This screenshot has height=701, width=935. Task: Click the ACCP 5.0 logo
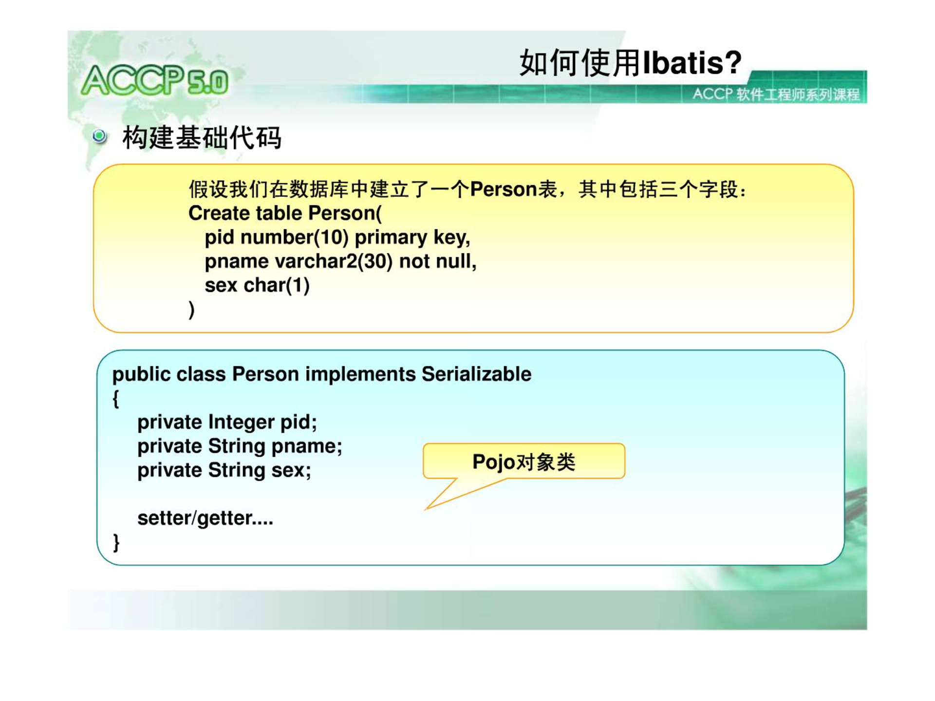tap(155, 80)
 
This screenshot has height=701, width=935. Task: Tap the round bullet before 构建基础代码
tap(99, 136)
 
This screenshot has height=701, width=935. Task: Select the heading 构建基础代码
tap(202, 137)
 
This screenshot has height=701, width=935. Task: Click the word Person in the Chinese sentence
tap(503, 189)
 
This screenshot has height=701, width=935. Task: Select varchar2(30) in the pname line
tap(334, 261)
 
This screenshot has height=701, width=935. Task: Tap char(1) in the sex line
tap(277, 285)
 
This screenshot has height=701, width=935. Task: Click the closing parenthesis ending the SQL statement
tap(191, 310)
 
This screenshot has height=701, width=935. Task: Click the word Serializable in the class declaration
tap(476, 374)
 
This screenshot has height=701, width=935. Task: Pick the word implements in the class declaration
tap(360, 374)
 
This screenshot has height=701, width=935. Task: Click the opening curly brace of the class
tap(116, 399)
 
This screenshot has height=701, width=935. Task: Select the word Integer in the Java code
tap(241, 422)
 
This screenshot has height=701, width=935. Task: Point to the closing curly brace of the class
tap(116, 542)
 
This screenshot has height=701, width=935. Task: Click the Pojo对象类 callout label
tap(524, 461)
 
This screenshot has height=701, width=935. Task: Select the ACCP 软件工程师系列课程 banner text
tap(776, 94)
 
